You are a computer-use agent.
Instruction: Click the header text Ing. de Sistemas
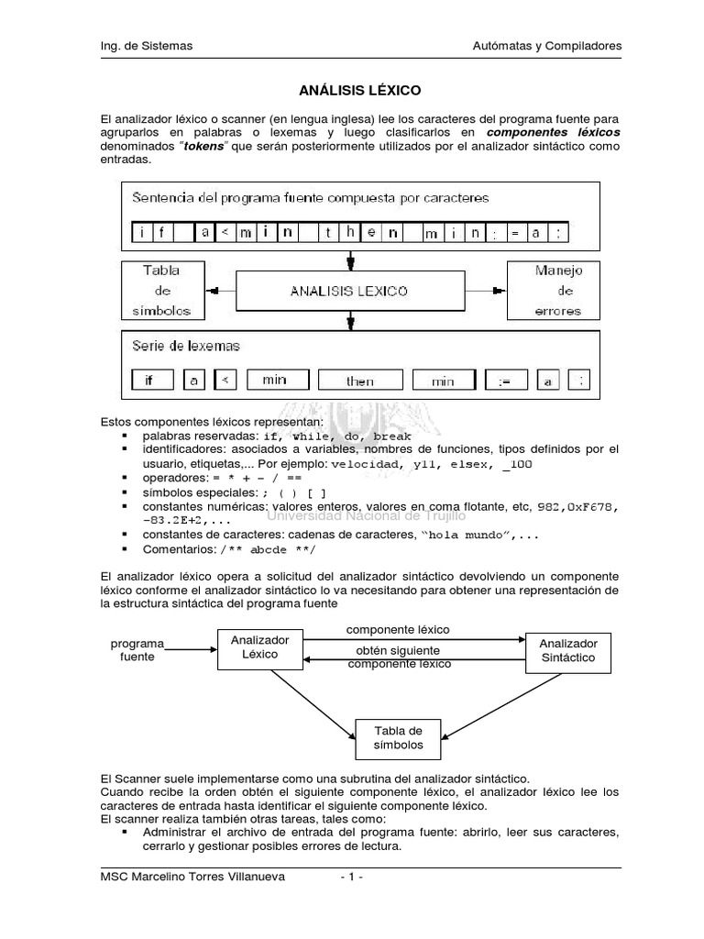[146, 45]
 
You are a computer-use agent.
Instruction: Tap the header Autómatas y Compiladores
[546, 45]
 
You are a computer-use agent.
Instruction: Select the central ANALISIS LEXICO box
[349, 291]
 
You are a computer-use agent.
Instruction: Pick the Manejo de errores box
[553, 291]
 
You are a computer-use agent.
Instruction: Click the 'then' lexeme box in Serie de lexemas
[359, 380]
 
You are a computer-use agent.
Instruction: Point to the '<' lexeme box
[228, 380]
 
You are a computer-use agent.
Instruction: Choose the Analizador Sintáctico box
[567, 650]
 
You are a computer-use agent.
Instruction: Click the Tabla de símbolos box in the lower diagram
[398, 737]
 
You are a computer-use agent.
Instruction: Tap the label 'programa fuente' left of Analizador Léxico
[137, 650]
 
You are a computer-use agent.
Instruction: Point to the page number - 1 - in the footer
[351, 877]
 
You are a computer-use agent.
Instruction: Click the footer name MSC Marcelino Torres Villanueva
[192, 877]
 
